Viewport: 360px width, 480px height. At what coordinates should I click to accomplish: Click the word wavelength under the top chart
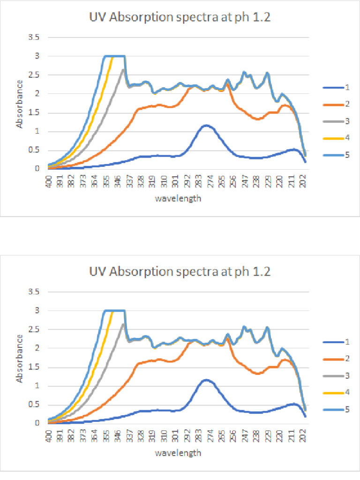(x=178, y=198)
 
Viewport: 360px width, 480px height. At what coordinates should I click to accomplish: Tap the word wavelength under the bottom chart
(x=178, y=453)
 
